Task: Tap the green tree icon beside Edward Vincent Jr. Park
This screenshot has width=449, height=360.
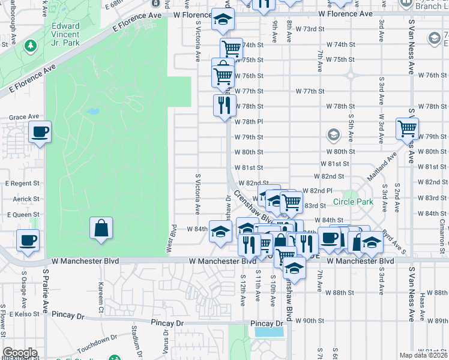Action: [x=30, y=46]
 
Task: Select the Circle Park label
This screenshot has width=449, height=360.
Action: [x=353, y=202]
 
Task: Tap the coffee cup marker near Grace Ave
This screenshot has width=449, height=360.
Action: [x=40, y=132]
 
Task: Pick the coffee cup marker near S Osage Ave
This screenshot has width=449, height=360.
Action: [x=28, y=240]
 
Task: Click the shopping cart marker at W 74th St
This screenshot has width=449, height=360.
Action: [x=231, y=49]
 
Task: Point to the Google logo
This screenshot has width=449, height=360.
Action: [x=19, y=353]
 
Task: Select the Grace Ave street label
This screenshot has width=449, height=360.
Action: [x=24, y=116]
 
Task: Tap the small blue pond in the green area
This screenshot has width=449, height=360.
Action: [x=92, y=112]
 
